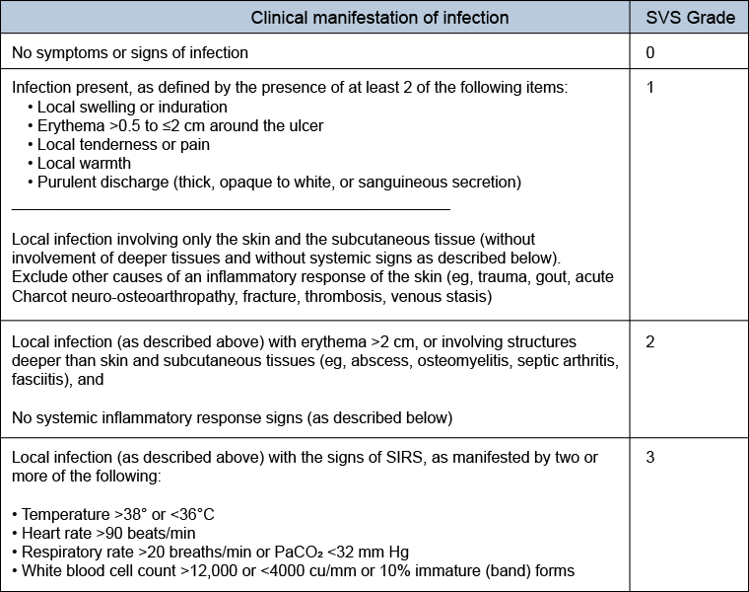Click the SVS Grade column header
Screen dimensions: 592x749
coord(690,18)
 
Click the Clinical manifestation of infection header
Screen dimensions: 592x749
coord(379,18)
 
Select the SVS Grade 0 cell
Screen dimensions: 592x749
coord(650,52)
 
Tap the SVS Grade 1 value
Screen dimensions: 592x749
coord(650,87)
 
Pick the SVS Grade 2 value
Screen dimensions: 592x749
coord(650,341)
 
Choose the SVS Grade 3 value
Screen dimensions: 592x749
coord(650,457)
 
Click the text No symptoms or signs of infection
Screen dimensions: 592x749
coord(130,52)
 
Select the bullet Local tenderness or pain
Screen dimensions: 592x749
coord(123,144)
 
